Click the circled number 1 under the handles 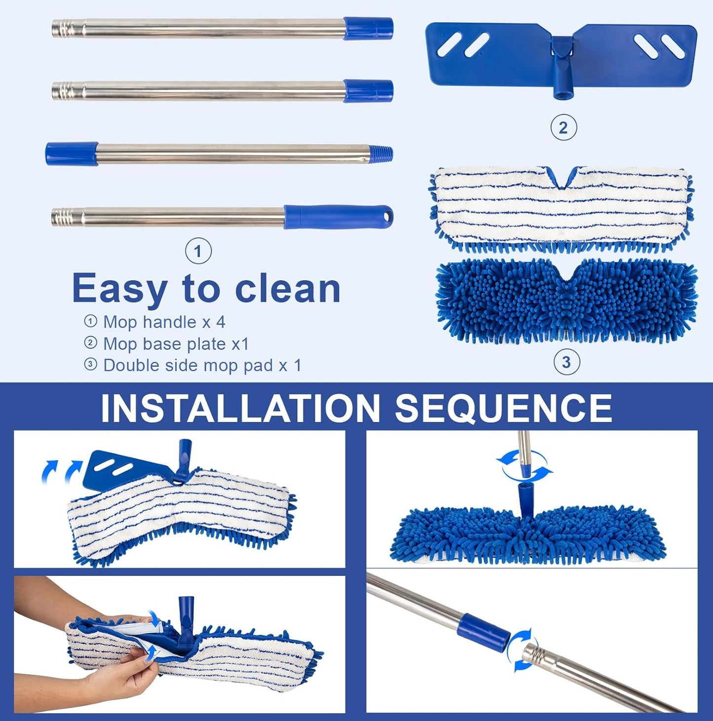click(x=198, y=251)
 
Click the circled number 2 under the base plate click(x=563, y=128)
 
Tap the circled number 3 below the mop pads click(x=566, y=363)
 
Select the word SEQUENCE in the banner click(x=503, y=408)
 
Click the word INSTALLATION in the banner click(x=240, y=408)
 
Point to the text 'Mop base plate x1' click(x=176, y=343)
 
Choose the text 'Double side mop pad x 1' click(x=202, y=365)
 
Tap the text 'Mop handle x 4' click(x=164, y=322)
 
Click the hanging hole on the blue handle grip click(x=386, y=216)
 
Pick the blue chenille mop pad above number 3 click(x=566, y=300)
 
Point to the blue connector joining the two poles click(x=482, y=633)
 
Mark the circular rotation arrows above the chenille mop click(x=525, y=465)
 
